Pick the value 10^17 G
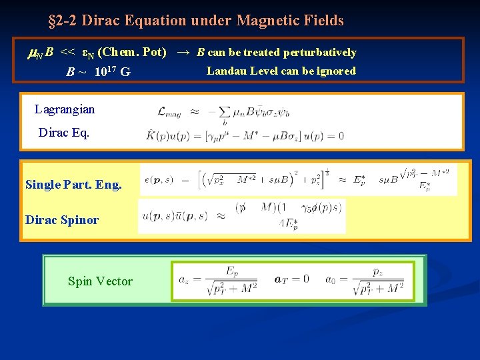click(x=112, y=71)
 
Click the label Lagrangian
click(x=65, y=109)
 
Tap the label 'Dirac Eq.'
click(x=64, y=132)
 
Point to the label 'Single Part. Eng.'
click(x=73, y=185)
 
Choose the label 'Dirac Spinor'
click(x=62, y=219)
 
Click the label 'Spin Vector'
click(x=100, y=281)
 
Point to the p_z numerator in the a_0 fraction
click(x=378, y=271)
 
